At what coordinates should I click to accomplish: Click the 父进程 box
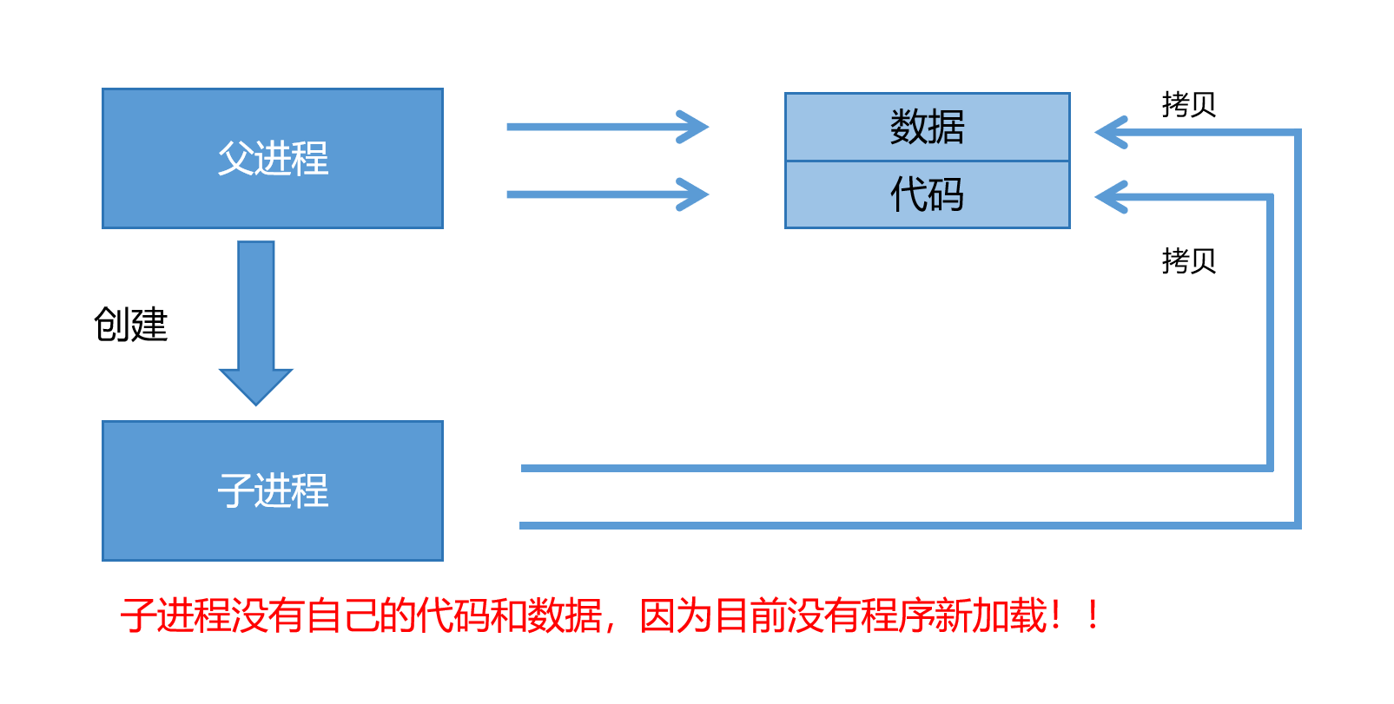coord(272,158)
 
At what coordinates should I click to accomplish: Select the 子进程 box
coord(272,490)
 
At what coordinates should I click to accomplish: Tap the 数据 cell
coord(927,127)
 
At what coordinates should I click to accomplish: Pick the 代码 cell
coord(927,194)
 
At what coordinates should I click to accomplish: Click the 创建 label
coord(130,325)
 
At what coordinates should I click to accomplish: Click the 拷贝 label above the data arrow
coord(1188,104)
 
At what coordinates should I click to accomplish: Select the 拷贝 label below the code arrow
coord(1188,260)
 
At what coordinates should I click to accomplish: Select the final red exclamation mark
coord(1093,615)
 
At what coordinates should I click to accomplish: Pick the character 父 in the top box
coord(235,158)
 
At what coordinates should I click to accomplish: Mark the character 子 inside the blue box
coord(235,490)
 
